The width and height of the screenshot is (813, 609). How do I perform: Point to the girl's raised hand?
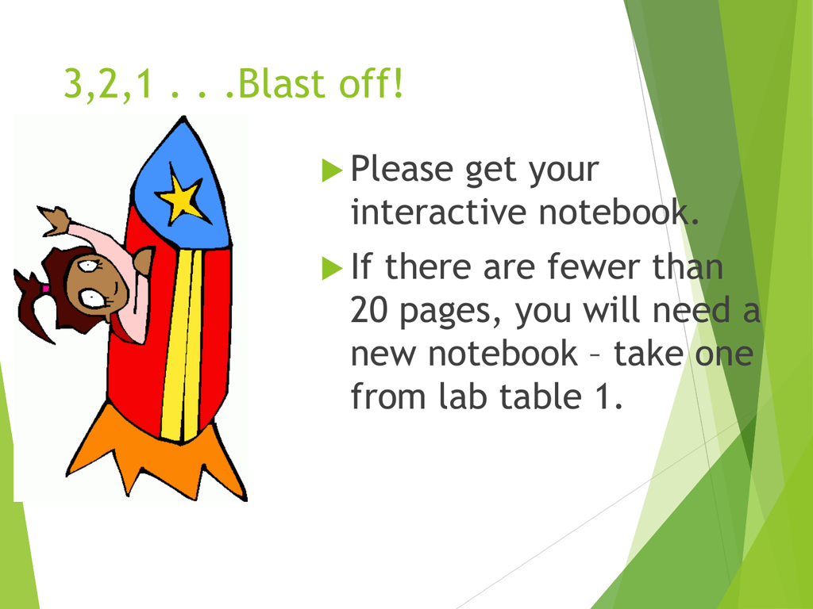55,220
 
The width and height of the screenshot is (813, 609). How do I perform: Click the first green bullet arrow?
332,170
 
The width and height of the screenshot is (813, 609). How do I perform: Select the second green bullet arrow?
332,268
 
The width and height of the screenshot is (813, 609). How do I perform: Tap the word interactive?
438,212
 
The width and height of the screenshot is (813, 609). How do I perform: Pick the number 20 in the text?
368,310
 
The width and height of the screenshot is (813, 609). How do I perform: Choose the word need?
691,309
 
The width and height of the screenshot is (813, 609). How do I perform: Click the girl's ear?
143,260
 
